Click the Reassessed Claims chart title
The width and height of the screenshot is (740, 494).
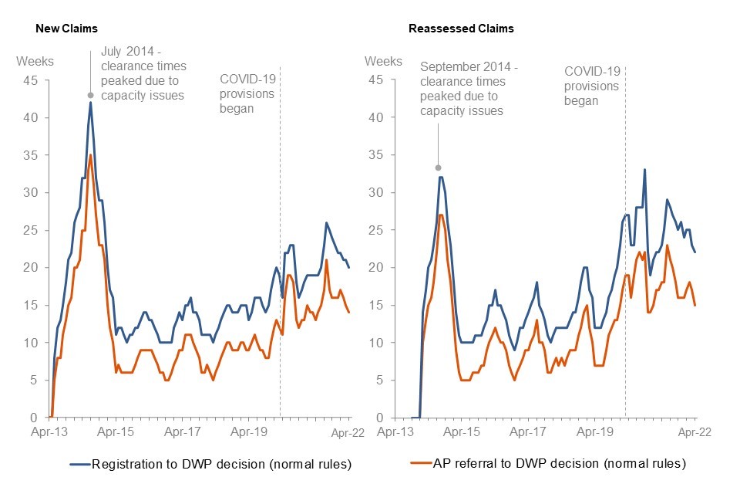[461, 29]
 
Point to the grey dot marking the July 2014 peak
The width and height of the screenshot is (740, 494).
[91, 95]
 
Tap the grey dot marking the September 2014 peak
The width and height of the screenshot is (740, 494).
[438, 167]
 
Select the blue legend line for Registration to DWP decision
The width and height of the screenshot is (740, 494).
[80, 464]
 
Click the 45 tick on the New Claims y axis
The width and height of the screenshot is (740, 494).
[29, 80]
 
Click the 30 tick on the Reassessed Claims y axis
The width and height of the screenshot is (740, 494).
[375, 193]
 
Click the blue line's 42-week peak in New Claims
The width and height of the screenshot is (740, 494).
[91, 103]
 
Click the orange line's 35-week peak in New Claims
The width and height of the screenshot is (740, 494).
[91, 155]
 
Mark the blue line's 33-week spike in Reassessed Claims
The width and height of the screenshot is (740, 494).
[644, 170]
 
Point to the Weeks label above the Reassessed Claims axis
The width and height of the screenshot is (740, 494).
[383, 61]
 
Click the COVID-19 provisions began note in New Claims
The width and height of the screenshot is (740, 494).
[247, 93]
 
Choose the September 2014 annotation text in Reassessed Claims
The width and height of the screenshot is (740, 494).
[469, 89]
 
